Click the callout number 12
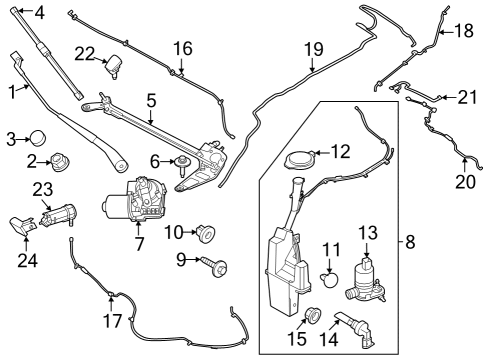click(340, 152)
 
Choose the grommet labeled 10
click(207, 234)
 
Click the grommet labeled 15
click(313, 317)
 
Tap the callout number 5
click(152, 100)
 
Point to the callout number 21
click(467, 97)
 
